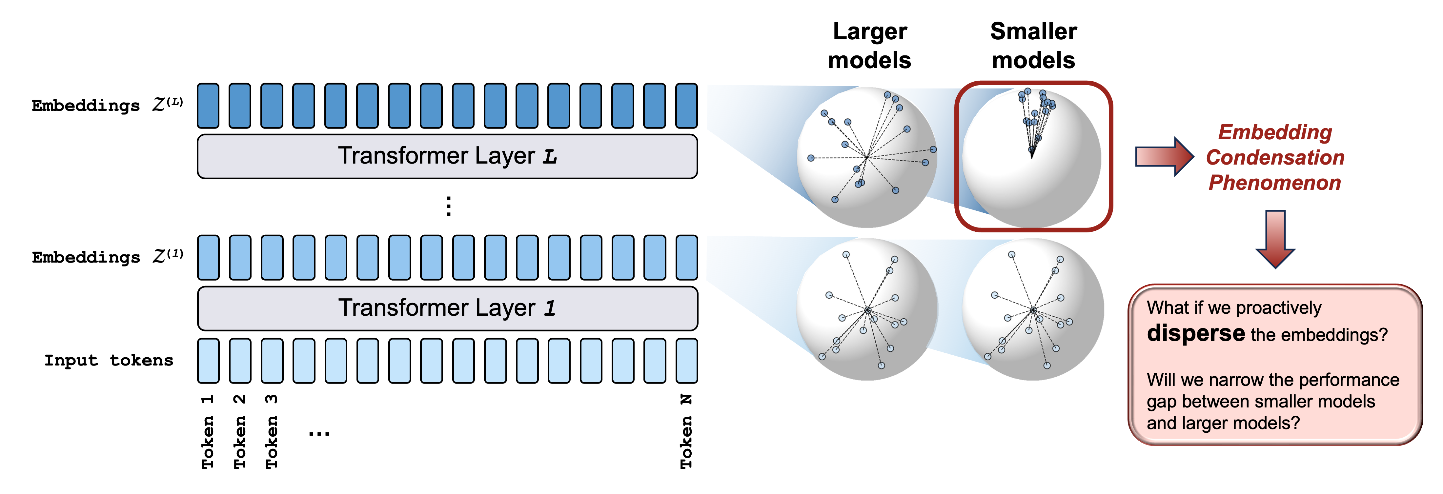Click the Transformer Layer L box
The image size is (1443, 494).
point(447,156)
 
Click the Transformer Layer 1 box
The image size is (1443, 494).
point(447,308)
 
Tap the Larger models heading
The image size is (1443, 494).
point(869,46)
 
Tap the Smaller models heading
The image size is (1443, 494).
point(1033,46)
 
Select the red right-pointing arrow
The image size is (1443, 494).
point(1164,156)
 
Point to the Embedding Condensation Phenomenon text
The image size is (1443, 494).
point(1275,157)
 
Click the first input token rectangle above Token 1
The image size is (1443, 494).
point(208,361)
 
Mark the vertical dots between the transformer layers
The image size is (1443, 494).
point(448,206)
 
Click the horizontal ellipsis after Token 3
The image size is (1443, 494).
point(319,433)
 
